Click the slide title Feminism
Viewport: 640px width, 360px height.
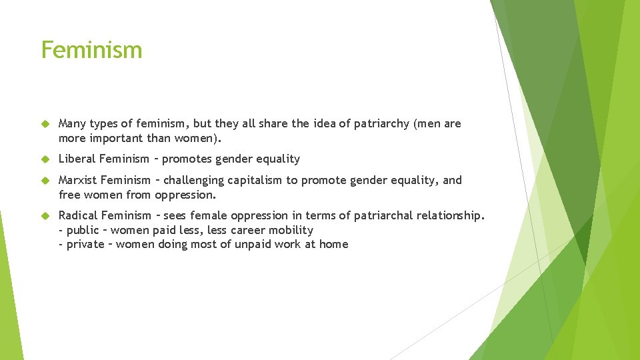coord(91,50)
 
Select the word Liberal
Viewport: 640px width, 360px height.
coord(77,159)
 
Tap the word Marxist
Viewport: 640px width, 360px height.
coord(78,181)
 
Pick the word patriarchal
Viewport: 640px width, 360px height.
coord(379,215)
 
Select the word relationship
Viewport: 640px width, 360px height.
coord(449,215)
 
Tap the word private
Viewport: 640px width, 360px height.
coord(85,245)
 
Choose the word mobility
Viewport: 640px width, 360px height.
coord(291,230)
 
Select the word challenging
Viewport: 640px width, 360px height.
coord(193,181)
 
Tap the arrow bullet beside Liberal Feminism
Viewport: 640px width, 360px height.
coord(45,159)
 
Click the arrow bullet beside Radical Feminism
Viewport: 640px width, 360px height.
coord(45,215)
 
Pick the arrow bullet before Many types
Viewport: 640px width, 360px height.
coord(45,124)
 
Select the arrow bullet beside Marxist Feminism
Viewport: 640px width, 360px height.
coord(45,181)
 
